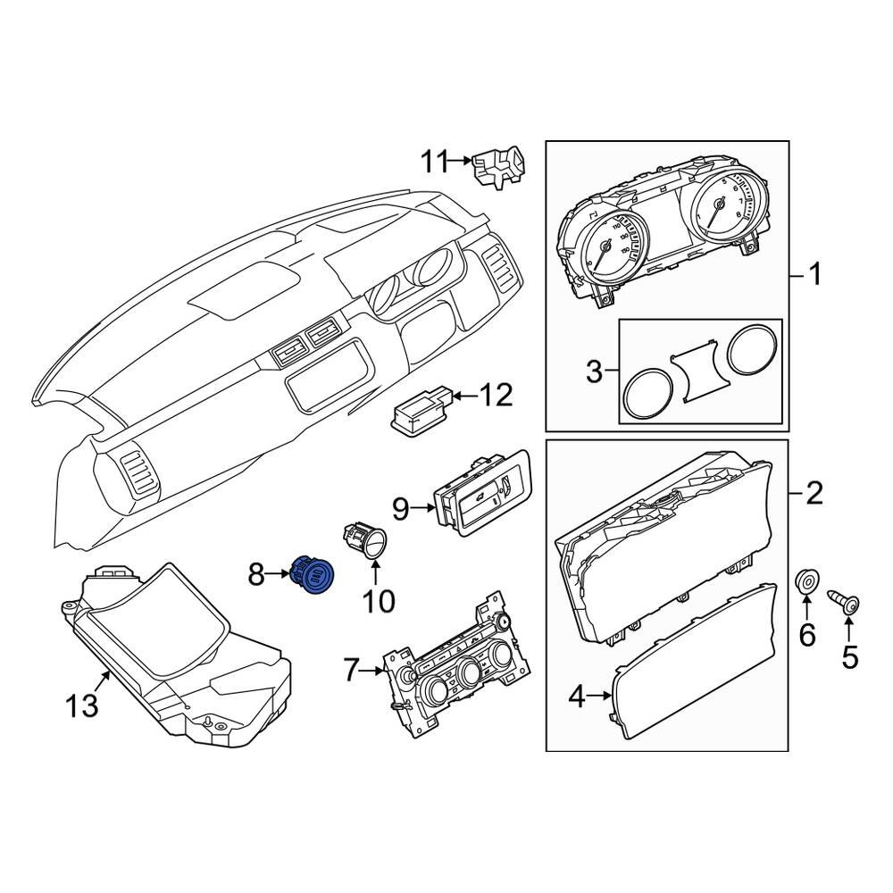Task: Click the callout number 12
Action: [x=497, y=394]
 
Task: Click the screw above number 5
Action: [x=847, y=604]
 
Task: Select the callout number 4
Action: [x=577, y=697]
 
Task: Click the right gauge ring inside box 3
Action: [x=751, y=353]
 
